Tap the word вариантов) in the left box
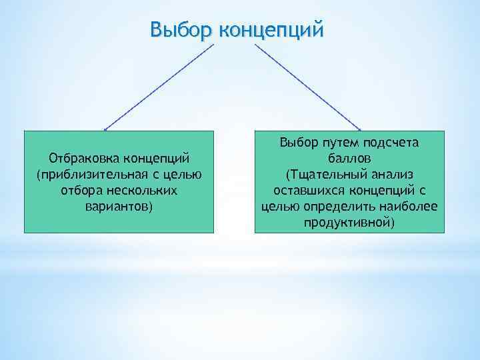pos(119,207)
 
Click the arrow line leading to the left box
pos(160,85)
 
